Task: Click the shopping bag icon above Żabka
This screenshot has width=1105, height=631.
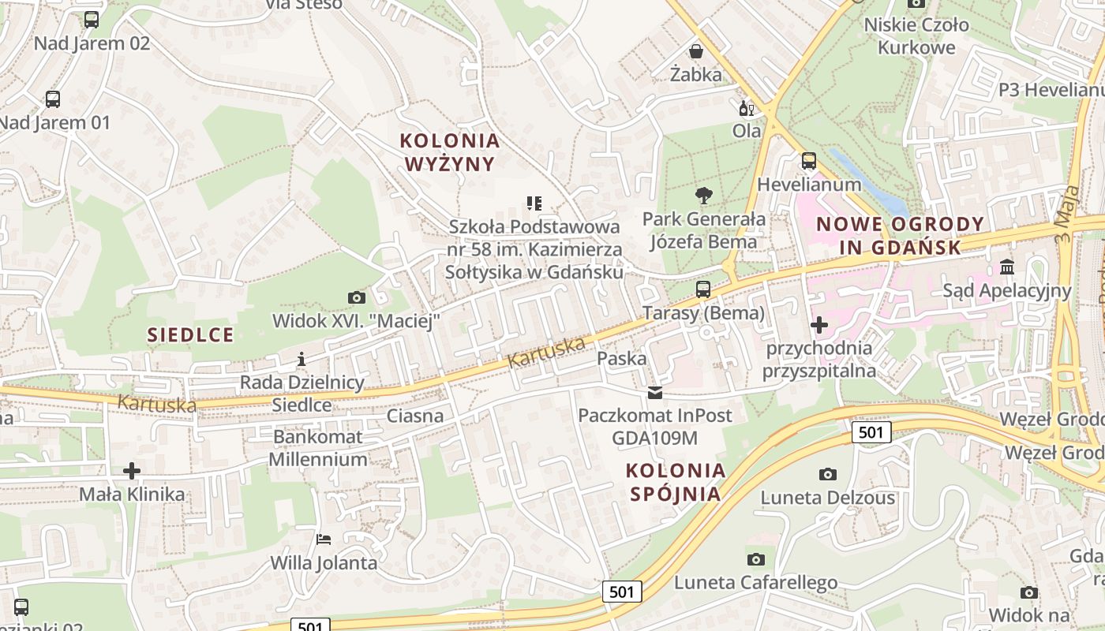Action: tap(696, 52)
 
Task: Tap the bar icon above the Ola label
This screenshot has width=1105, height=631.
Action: tap(746, 108)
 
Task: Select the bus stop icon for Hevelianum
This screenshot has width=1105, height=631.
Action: tap(809, 161)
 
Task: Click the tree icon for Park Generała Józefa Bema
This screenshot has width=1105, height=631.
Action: tap(703, 196)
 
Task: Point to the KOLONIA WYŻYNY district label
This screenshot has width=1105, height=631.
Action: tap(450, 152)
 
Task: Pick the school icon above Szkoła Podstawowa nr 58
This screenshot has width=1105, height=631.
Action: tap(534, 203)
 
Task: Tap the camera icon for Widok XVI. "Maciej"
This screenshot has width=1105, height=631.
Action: tap(357, 297)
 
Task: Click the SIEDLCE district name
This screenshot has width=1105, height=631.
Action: tap(191, 334)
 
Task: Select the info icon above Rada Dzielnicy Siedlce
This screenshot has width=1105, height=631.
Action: tap(301, 360)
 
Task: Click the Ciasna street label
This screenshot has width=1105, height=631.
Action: tap(415, 416)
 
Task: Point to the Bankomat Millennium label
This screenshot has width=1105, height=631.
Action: tap(318, 447)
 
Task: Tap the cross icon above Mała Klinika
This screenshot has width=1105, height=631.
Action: tap(132, 472)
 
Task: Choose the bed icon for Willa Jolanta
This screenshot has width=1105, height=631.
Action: tap(324, 540)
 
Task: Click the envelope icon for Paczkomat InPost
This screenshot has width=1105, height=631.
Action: tap(655, 392)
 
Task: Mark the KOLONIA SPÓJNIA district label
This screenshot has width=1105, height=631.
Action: tap(676, 482)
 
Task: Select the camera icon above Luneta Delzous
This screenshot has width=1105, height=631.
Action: tap(827, 474)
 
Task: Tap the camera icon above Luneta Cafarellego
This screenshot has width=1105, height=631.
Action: tap(755, 559)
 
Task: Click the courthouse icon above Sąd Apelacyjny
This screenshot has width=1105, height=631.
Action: tap(1007, 267)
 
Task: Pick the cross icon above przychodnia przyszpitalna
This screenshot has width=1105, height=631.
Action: tap(819, 324)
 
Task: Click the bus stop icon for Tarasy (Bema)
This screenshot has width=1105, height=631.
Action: tap(703, 289)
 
